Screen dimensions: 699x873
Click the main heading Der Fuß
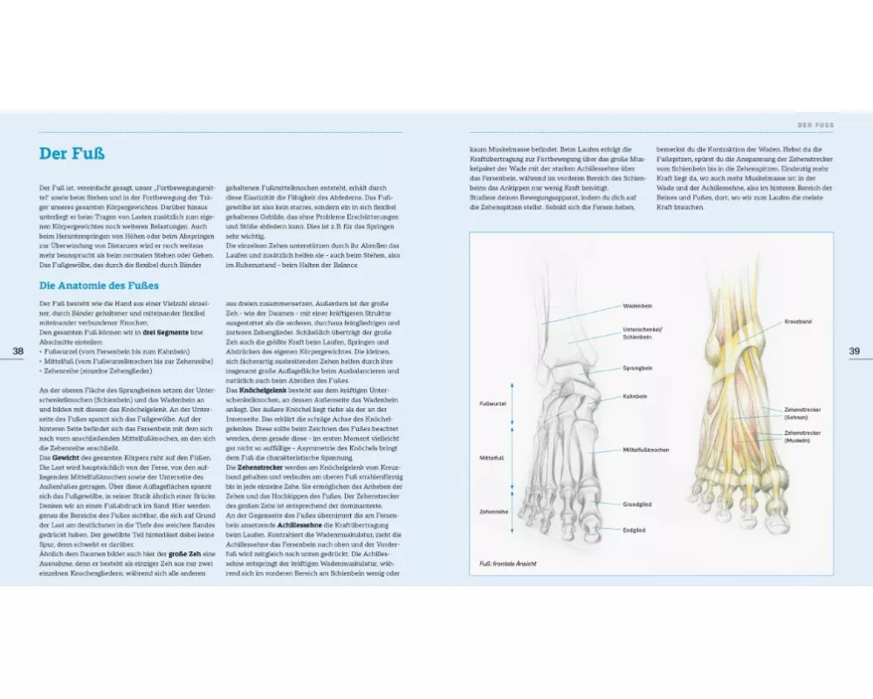click(x=72, y=155)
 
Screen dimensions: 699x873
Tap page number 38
click(x=18, y=350)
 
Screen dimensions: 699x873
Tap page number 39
click(x=855, y=350)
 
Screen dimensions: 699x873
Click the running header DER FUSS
click(x=811, y=125)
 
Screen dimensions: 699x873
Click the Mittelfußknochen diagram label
click(x=646, y=449)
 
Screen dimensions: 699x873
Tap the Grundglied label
click(x=636, y=504)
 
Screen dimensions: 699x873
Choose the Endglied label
click(x=635, y=529)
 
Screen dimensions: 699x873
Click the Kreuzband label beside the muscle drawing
click(x=798, y=322)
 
